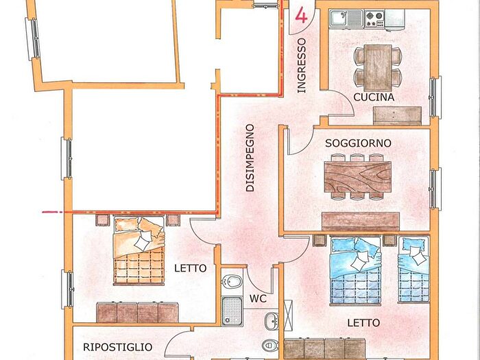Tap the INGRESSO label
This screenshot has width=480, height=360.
pos(301,66)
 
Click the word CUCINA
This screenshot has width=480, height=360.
pos(374,97)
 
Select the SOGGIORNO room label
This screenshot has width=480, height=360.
pos(358,143)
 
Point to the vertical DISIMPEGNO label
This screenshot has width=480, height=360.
pos(251,158)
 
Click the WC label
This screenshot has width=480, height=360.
pos(258,299)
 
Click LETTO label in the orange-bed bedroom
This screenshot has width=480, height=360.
pos(190,268)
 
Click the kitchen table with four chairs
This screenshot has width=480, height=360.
pos(378,65)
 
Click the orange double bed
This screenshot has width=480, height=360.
pos(139,250)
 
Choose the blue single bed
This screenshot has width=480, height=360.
pos(413,269)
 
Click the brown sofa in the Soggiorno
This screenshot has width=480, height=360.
pos(361,221)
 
